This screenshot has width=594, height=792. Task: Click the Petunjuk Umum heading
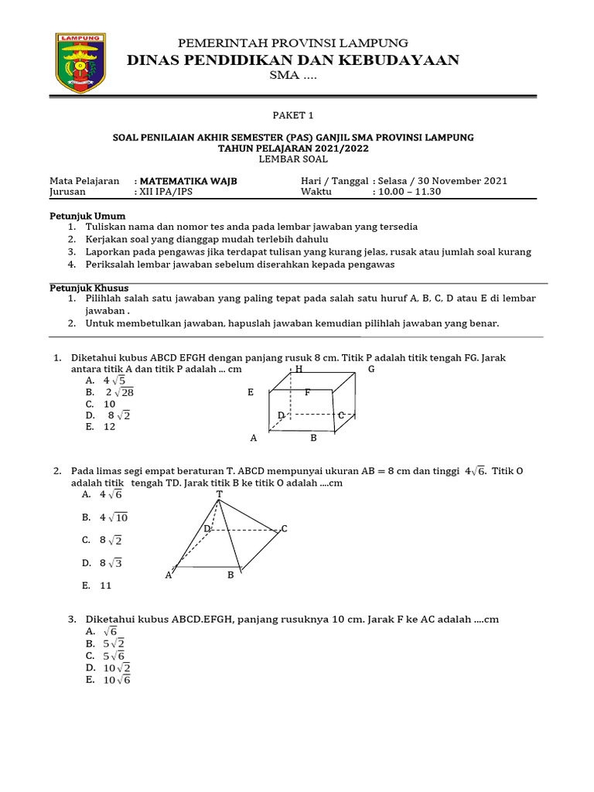point(87,216)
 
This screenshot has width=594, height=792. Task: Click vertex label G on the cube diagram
point(371,369)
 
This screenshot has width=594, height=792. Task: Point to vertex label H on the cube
point(299,369)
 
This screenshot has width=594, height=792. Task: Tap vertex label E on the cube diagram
point(251,393)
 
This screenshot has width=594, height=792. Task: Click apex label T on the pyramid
point(220,493)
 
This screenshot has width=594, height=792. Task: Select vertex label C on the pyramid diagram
point(284,528)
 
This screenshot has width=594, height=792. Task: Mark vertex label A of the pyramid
point(169,575)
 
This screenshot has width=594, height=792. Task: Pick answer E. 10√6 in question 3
point(109,680)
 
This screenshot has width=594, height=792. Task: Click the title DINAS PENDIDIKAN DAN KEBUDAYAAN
point(293,60)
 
